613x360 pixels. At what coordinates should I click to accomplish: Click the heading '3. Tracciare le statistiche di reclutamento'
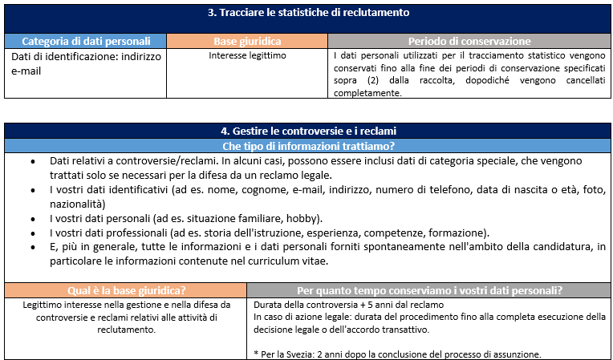(x=309, y=12)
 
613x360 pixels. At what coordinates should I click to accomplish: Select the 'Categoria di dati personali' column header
(x=86, y=41)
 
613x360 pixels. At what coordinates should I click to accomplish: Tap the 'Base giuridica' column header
(x=247, y=41)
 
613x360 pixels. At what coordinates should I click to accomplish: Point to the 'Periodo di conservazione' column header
(x=469, y=41)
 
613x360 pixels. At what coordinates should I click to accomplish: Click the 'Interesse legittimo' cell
(x=247, y=56)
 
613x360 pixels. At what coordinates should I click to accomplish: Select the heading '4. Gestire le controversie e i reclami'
(x=309, y=131)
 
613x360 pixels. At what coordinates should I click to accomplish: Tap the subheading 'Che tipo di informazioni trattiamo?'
(x=309, y=145)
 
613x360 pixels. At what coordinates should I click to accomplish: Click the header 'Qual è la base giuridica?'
(x=126, y=290)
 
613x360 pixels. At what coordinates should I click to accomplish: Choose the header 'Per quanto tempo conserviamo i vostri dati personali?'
(x=429, y=290)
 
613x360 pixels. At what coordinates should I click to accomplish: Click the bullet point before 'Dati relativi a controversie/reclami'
(x=32, y=161)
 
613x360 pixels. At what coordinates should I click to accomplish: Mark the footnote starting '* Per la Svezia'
(x=397, y=354)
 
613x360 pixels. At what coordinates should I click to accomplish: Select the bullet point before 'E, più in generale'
(x=32, y=248)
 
